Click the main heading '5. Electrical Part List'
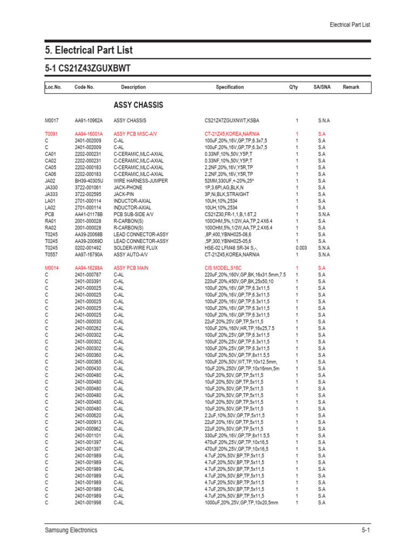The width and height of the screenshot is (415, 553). coord(89,50)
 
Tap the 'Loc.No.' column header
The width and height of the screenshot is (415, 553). coord(53,87)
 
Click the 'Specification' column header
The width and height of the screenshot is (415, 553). coord(230,87)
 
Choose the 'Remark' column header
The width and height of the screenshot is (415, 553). coord(351,87)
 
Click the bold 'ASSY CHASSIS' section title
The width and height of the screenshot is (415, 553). coord(138,105)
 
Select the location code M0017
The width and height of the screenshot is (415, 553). coord(52,120)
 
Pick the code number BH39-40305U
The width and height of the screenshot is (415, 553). coord(89,180)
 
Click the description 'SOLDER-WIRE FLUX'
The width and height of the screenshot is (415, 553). coord(135,247)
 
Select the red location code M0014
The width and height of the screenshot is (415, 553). coord(52,268)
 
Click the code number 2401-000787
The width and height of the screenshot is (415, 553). coord(88,274)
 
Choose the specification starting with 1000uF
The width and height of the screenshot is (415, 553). coord(241,502)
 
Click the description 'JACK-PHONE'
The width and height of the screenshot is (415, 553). coord(128,187)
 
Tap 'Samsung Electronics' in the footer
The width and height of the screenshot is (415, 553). coord(71,530)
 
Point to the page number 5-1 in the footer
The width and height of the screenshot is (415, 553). coord(365,530)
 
